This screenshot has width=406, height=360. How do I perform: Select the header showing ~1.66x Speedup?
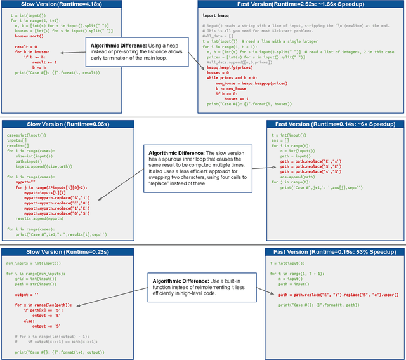point(301,4)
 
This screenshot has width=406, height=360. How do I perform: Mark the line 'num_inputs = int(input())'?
point(30,263)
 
